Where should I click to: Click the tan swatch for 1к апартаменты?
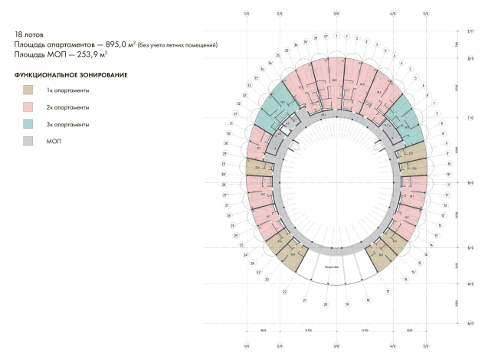click(28, 90)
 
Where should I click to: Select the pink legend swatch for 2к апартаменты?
click(28, 107)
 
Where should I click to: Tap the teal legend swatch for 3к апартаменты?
click(28, 124)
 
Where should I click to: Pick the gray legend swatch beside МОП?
click(28, 141)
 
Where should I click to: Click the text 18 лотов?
click(29, 34)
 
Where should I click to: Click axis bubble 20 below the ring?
click(326, 304)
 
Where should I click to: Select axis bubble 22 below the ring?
click(284, 292)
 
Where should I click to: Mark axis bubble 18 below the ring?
click(368, 300)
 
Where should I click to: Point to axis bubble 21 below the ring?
click(304, 300)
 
